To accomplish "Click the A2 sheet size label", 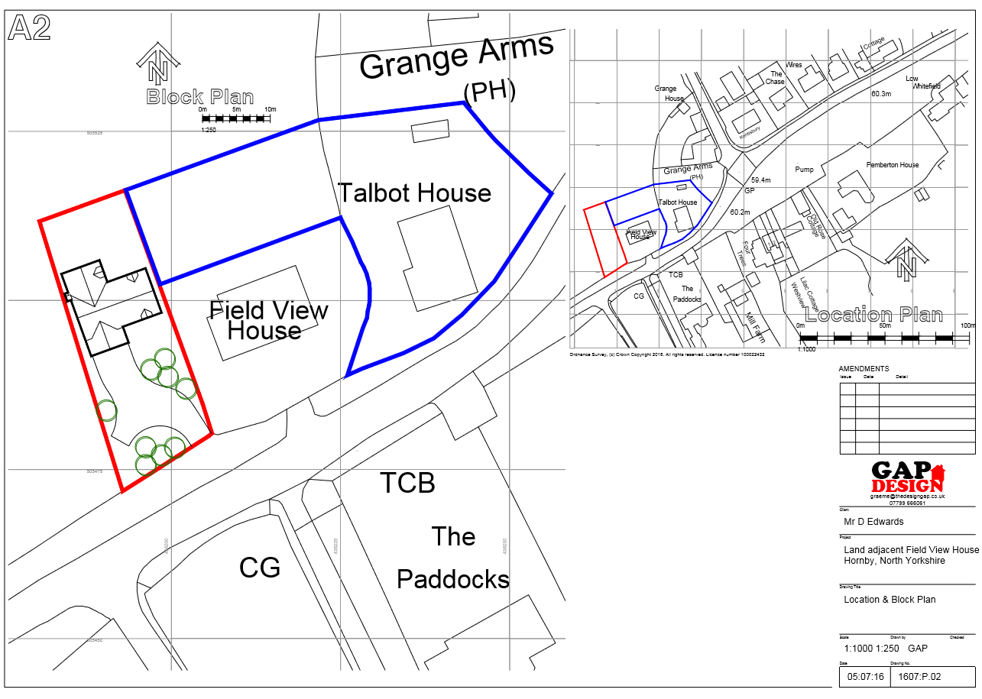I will coord(30,28).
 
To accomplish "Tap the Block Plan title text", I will coord(200,97).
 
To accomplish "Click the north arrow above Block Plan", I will coord(158,64).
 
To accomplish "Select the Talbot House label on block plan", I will coord(414,193).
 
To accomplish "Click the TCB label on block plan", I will coord(407,483).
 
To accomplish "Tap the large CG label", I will coord(260,568).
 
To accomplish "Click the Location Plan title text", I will coord(873,315).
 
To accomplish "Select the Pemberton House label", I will coord(892,165).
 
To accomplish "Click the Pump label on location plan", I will coord(804,170).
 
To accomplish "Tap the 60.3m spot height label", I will coord(881,94).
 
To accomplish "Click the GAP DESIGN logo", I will coord(908,477).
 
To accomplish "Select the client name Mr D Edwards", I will coord(873,522).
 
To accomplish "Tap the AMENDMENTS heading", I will coord(864,368).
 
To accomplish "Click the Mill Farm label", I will coord(755,326).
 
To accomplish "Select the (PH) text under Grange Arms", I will coord(490,92).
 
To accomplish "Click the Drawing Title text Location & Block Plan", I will coord(889,600).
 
